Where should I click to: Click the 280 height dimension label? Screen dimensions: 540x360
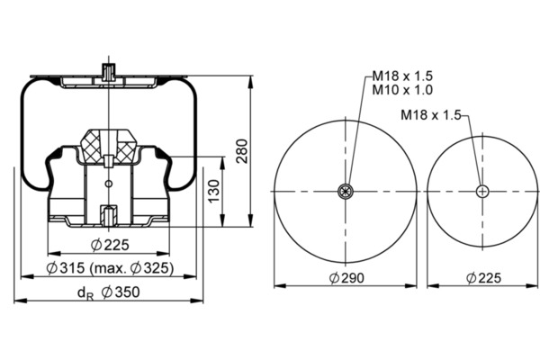(x=242, y=151)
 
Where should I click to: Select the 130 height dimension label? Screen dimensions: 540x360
(x=214, y=191)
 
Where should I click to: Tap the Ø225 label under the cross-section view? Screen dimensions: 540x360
(x=110, y=245)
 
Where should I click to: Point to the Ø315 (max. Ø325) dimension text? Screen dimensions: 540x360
(x=110, y=267)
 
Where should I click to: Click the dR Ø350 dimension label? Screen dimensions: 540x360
(x=109, y=292)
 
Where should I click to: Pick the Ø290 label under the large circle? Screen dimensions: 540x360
(x=346, y=278)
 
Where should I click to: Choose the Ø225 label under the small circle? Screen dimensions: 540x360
(x=483, y=278)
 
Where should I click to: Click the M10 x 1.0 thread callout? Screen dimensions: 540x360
(x=402, y=90)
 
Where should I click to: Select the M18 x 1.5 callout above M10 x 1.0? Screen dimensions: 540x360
(x=402, y=76)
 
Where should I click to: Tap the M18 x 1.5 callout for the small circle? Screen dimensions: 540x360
(x=431, y=114)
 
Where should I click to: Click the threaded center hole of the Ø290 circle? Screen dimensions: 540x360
(x=346, y=191)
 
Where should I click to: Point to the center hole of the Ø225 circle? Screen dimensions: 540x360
(x=482, y=191)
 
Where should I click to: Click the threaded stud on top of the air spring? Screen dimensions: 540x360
(x=109, y=72)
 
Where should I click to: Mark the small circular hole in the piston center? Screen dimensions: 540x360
(x=109, y=184)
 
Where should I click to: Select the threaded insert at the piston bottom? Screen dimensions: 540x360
(x=109, y=215)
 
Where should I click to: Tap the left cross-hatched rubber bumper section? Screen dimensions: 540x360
(x=91, y=147)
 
